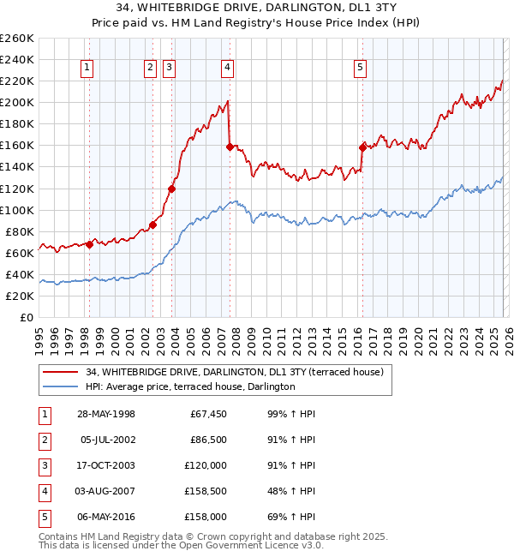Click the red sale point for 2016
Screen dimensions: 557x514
coord(362,147)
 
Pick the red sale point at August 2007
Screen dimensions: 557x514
coord(230,147)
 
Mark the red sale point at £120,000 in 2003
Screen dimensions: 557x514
coord(172,189)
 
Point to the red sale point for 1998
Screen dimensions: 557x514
coord(89,244)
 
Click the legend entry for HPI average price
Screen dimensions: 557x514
coord(189,387)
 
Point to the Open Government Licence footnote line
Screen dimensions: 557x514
coord(181,545)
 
